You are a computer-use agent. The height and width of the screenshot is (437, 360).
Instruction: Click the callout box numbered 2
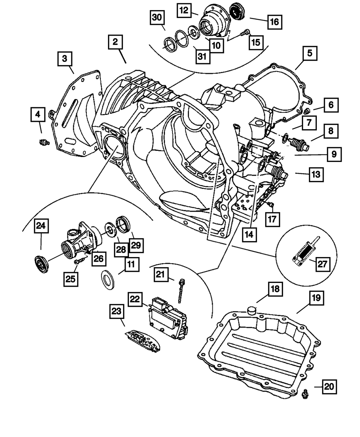click(x=114, y=42)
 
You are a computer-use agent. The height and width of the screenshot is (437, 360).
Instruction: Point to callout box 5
click(x=310, y=54)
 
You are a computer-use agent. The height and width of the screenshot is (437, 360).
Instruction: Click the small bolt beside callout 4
click(x=44, y=143)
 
